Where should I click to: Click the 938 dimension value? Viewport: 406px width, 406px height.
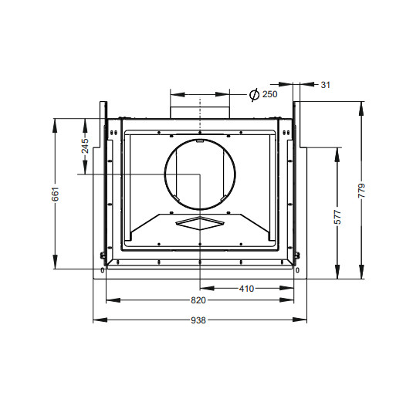[x=198, y=320]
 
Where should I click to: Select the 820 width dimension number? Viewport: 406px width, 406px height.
[x=198, y=300]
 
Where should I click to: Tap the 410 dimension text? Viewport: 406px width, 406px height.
[x=246, y=289]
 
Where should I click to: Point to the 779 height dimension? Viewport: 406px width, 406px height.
[x=362, y=191]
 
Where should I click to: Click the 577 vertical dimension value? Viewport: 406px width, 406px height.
[x=337, y=217]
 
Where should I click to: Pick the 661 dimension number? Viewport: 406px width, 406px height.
[x=55, y=194]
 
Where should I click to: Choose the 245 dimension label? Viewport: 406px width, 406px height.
[x=85, y=146]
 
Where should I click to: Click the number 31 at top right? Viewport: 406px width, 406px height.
[x=326, y=85]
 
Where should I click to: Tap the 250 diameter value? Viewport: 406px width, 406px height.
[x=270, y=94]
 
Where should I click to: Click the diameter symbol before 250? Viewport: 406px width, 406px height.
[x=254, y=94]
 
